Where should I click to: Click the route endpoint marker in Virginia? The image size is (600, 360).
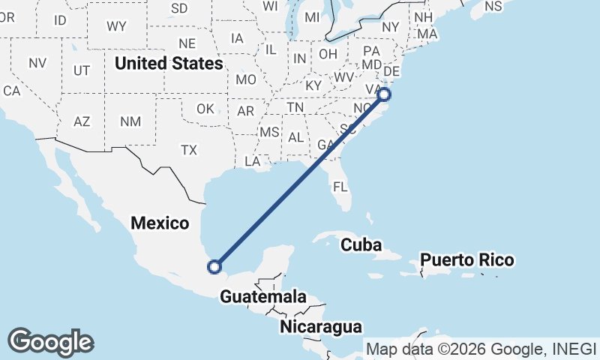[x=384, y=94]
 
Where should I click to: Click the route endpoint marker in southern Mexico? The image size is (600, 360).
[x=215, y=266]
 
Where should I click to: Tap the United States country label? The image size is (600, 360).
[x=169, y=64]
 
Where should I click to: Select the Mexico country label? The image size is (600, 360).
[x=160, y=223]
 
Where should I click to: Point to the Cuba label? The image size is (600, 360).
[x=361, y=245]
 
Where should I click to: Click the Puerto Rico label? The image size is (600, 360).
[x=467, y=260]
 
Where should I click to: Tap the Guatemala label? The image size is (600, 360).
[x=263, y=297]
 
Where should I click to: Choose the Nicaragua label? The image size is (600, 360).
[x=321, y=327]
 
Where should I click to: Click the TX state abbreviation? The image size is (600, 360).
[x=188, y=150]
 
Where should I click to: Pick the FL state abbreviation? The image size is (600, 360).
[x=340, y=186]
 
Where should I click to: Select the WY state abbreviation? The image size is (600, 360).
[x=116, y=26]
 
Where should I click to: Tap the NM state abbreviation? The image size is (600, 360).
[x=130, y=121]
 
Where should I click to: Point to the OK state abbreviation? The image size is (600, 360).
[x=205, y=109]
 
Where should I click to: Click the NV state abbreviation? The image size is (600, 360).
[x=37, y=63]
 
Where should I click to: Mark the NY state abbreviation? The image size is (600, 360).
[x=391, y=27]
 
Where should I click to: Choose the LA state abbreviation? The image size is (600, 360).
[x=252, y=161]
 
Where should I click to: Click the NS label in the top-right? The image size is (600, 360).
[x=493, y=6]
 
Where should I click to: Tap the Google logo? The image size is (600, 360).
[x=50, y=342]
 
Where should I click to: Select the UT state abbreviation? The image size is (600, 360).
[x=82, y=70]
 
